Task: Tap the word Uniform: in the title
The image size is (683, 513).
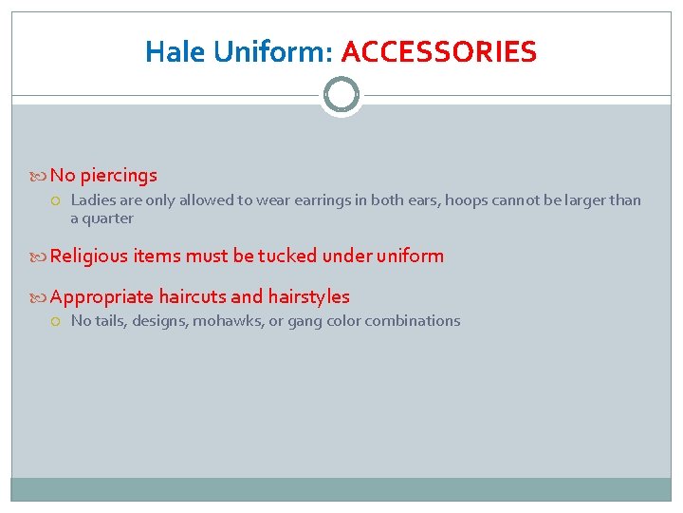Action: pyautogui.click(x=273, y=51)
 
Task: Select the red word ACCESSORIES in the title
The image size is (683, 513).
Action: pyautogui.click(x=438, y=51)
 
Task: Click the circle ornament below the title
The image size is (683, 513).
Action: pyautogui.click(x=341, y=95)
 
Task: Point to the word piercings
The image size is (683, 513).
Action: pyautogui.click(x=119, y=176)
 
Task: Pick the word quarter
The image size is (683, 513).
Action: pyautogui.click(x=108, y=218)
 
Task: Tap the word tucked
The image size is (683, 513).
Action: pyautogui.click(x=286, y=256)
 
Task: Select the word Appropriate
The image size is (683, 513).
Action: pyautogui.click(x=102, y=296)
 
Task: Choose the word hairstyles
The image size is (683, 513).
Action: pyautogui.click(x=308, y=296)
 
